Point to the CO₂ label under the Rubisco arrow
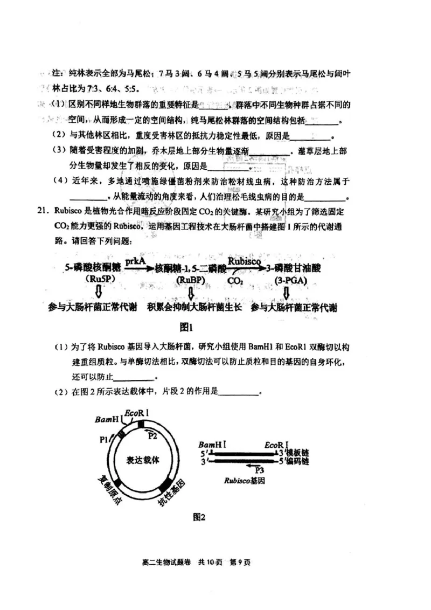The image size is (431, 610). pyautogui.click(x=234, y=281)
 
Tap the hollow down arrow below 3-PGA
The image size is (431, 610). pyautogui.click(x=287, y=293)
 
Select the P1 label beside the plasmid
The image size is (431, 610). pyautogui.click(x=105, y=440)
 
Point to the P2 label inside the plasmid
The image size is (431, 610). pyautogui.click(x=153, y=435)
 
